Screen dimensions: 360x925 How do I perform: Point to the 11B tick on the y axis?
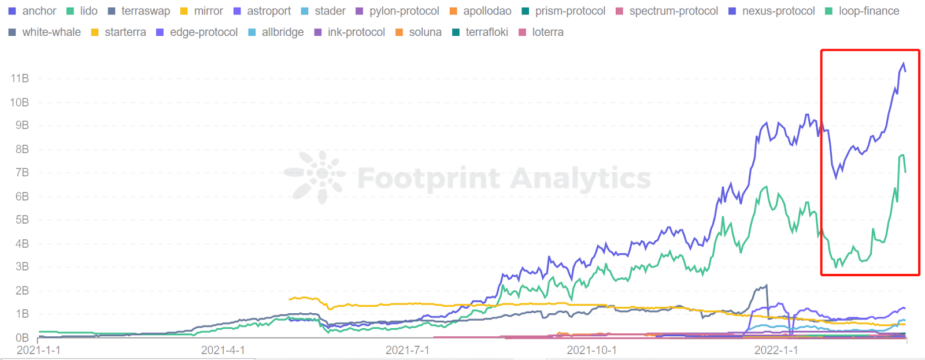coord(20,79)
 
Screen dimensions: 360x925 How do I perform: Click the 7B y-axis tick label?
coord(22,173)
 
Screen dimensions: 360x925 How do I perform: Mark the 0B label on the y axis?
coord(22,337)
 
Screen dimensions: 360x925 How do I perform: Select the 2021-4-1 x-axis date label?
coord(223,350)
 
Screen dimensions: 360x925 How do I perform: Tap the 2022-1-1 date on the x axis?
coord(776,350)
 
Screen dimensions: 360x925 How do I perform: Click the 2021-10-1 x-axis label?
coord(591,350)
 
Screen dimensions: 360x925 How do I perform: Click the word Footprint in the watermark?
coord(428,179)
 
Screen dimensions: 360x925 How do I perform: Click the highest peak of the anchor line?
coord(904,64)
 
